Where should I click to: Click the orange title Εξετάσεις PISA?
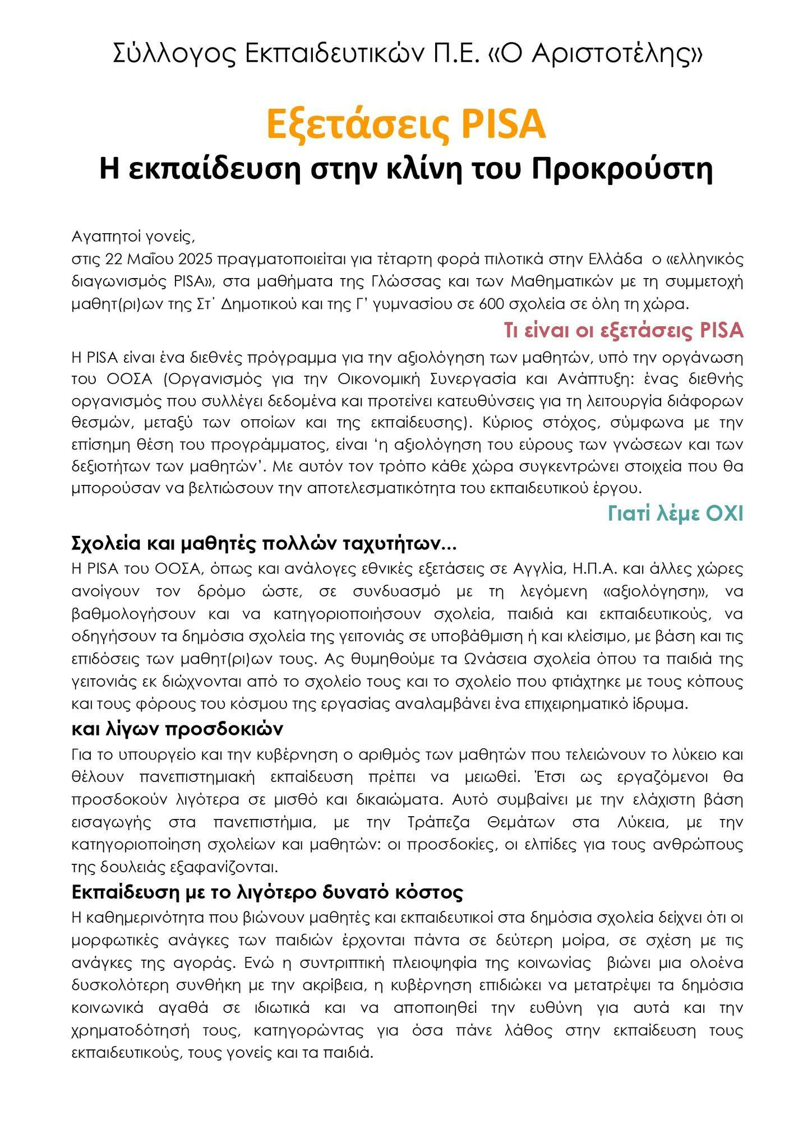tap(405, 124)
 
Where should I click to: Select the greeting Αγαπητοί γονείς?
tap(133, 236)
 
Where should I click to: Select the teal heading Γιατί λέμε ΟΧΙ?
tap(675, 513)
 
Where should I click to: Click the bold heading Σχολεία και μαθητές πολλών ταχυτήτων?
tap(264, 543)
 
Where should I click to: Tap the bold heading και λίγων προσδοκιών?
tap(177, 729)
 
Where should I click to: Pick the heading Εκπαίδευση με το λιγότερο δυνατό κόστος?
tap(267, 892)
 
